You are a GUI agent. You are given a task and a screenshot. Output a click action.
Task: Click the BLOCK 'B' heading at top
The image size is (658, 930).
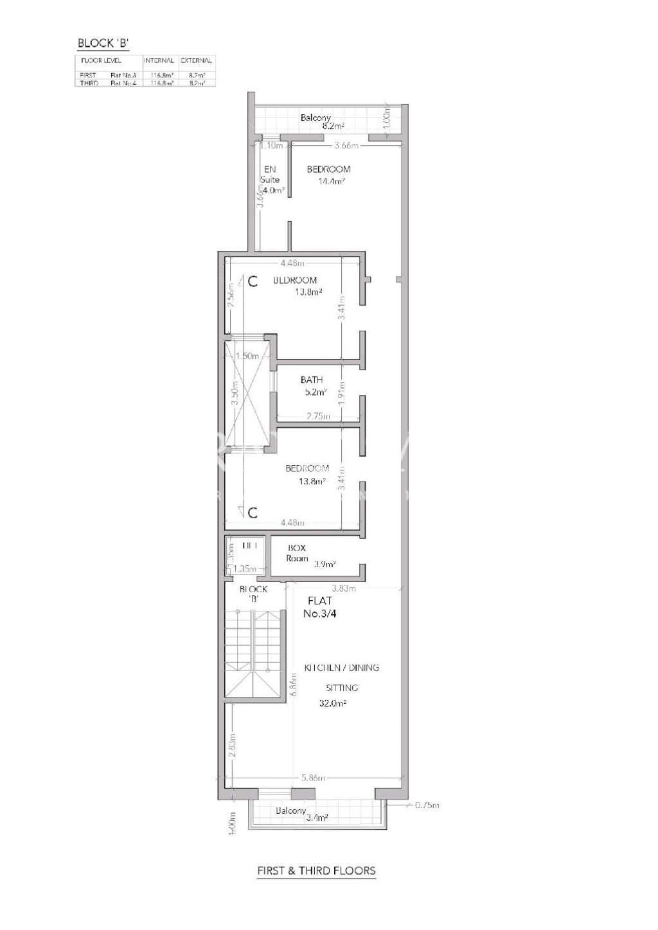(103, 44)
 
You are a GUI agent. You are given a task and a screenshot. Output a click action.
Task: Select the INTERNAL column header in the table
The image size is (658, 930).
(159, 60)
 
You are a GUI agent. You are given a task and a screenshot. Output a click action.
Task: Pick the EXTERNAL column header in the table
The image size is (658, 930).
(196, 60)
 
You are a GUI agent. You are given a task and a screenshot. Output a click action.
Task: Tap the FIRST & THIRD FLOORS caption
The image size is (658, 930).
(316, 871)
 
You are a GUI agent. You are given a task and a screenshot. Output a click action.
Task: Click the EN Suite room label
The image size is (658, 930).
(270, 175)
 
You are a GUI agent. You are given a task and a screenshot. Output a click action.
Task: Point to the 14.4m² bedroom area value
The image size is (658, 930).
(332, 182)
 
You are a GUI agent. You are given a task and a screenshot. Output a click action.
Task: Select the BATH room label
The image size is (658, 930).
(312, 380)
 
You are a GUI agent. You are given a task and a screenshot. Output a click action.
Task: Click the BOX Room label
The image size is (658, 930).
(297, 553)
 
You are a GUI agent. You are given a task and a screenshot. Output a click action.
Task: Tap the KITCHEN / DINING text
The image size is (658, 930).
(341, 668)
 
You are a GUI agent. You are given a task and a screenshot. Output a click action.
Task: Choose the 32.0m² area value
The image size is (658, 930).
(333, 703)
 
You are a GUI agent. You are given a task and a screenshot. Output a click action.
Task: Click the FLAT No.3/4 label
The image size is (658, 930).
(320, 607)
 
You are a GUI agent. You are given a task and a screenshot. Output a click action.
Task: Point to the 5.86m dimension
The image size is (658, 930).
(314, 778)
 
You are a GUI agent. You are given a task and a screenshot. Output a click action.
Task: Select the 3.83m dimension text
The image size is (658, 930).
(344, 588)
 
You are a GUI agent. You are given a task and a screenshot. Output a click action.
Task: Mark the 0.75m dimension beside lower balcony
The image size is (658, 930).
(427, 805)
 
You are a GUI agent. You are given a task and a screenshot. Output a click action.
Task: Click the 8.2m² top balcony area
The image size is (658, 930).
(334, 127)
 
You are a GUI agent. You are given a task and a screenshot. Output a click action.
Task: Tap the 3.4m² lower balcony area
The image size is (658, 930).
(317, 818)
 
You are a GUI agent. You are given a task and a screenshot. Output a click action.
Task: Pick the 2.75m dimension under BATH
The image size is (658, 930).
(319, 417)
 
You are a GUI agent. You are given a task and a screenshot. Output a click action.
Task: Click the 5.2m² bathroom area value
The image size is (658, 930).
(316, 392)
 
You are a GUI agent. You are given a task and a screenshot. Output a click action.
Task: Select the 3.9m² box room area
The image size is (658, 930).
(325, 565)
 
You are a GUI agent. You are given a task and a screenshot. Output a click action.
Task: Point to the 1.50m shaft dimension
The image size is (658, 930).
(247, 356)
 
